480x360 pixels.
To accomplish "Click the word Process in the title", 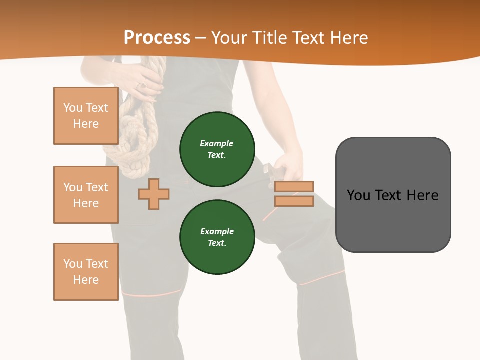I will point(157,38).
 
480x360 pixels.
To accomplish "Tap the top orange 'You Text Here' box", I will point(86,116).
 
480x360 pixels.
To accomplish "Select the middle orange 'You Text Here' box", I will point(86,195).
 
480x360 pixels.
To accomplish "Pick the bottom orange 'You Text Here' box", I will point(86,272).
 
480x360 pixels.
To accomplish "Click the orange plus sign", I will point(154,194).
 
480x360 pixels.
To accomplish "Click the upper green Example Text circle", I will point(217,149).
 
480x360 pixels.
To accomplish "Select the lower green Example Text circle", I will point(217,237).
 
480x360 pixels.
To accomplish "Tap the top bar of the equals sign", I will point(294,186).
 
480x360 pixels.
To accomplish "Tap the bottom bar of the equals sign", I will point(294,201).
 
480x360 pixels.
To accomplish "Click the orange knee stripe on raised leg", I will point(323,278).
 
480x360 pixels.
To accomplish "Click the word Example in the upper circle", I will point(217,143).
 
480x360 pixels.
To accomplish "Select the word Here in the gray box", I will point(423,195).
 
